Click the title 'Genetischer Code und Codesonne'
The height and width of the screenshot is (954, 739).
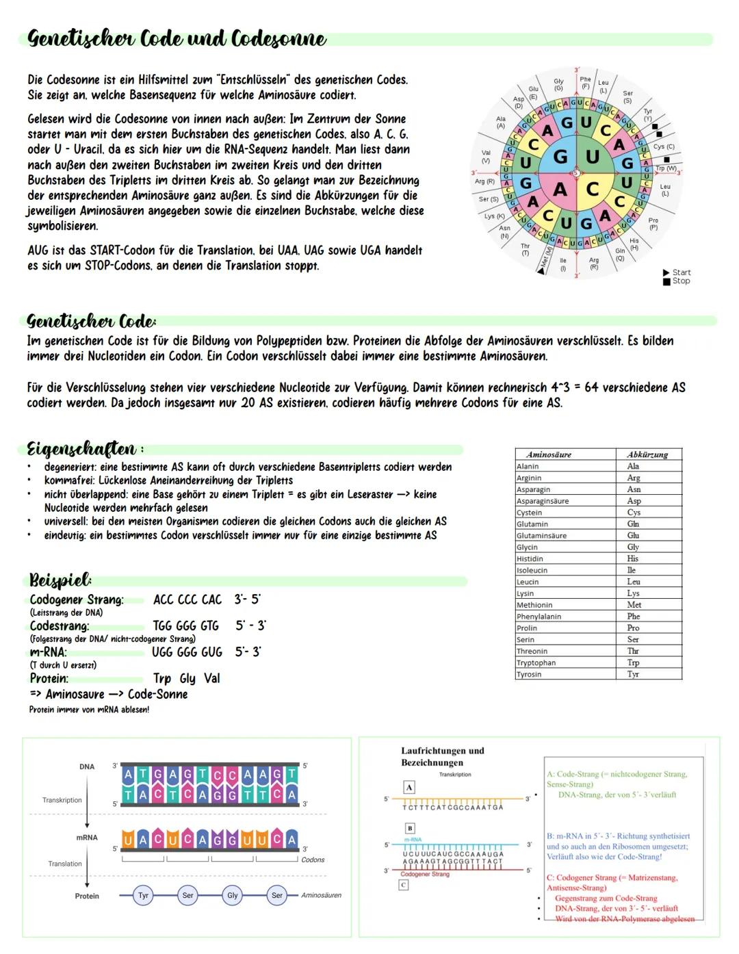tap(177, 39)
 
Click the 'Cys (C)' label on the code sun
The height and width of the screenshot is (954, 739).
tap(664, 146)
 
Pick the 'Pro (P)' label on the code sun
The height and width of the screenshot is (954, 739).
tap(653, 224)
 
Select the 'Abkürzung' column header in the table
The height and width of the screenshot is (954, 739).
tap(647, 454)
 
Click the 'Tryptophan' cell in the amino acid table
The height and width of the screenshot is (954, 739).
tap(536, 662)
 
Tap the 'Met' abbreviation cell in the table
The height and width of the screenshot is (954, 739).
tap(634, 605)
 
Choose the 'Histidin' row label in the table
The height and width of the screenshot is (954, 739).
tap(530, 558)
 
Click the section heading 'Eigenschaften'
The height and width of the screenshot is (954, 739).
tap(81, 450)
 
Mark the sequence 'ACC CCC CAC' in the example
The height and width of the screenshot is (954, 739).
tap(187, 600)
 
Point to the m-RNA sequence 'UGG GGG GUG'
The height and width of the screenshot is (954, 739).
tap(187, 652)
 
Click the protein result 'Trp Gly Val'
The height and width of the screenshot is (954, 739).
tap(186, 678)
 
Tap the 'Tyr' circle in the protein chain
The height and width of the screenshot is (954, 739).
tap(143, 895)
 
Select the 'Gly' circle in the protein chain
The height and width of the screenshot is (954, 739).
tap(233, 895)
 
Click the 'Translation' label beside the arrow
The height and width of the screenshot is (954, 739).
tap(65, 864)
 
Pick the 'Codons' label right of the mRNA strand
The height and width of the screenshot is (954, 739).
tap(313, 860)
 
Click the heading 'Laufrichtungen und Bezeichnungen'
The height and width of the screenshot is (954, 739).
tap(442, 756)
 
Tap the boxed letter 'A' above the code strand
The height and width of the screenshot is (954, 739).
tap(409, 787)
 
